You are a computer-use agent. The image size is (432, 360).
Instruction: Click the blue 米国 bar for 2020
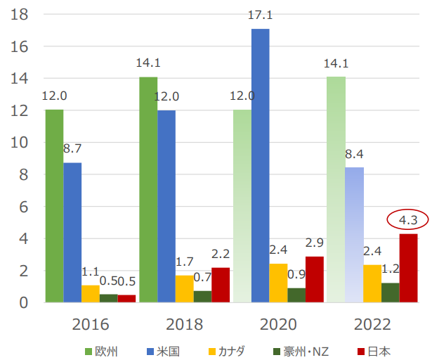pyautogui.click(x=260, y=165)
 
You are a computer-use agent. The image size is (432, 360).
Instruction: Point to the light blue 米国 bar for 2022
pyautogui.click(x=354, y=235)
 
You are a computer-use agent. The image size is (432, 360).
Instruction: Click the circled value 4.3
pyautogui.click(x=407, y=220)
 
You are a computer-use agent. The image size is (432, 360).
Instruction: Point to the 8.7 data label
pyautogui.click(x=72, y=148)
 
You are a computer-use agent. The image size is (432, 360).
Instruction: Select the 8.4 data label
pyautogui.click(x=354, y=153)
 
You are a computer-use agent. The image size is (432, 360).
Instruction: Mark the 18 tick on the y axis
pyautogui.click(x=19, y=15)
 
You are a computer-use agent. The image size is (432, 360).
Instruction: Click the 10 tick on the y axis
pyautogui.click(x=19, y=143)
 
